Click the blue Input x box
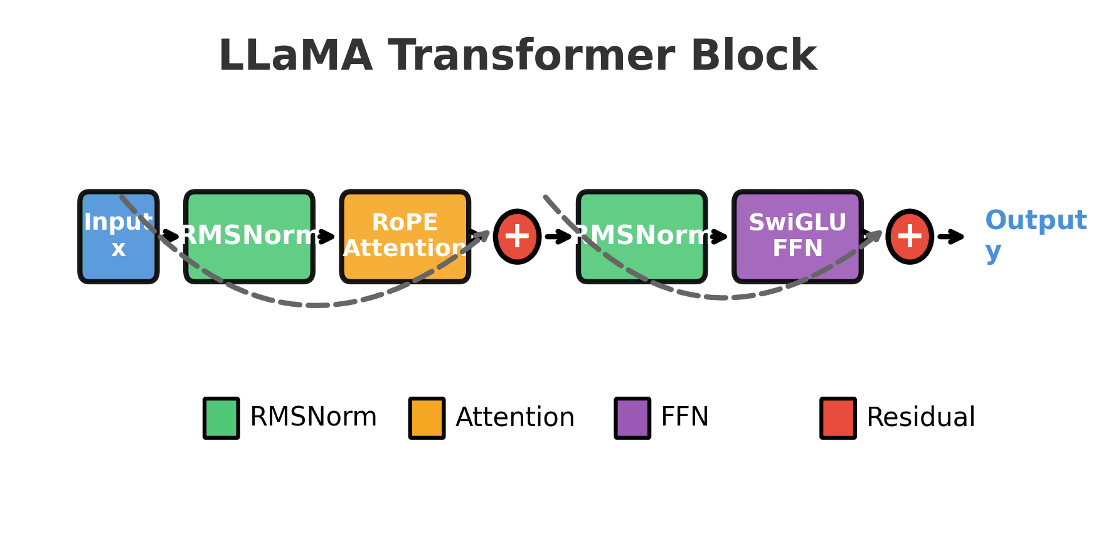[x=118, y=237]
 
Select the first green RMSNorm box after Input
[x=249, y=237]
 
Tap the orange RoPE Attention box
[x=405, y=237]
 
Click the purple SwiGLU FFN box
[x=797, y=237]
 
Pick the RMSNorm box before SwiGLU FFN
[x=642, y=237]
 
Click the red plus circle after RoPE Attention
[x=517, y=237]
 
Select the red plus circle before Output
[x=910, y=237]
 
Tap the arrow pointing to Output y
[x=951, y=237]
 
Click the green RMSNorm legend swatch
[x=221, y=418]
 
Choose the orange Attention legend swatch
[x=427, y=418]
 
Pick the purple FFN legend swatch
[x=632, y=418]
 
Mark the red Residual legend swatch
[x=838, y=418]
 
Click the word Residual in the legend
[x=920, y=418]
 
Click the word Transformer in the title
[x=531, y=56]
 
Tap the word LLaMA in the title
[x=295, y=56]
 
